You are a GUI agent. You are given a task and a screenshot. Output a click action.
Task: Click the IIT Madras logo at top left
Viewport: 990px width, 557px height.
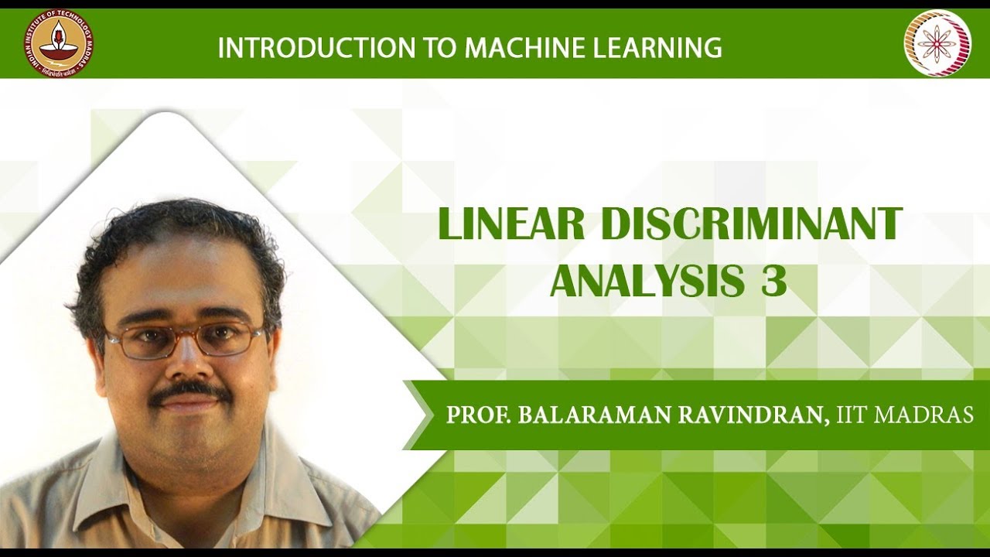pos(58,43)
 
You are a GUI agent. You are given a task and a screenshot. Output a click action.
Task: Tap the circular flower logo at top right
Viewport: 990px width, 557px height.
pos(937,43)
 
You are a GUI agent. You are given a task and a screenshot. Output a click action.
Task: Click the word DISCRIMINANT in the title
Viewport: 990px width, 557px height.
pos(752,224)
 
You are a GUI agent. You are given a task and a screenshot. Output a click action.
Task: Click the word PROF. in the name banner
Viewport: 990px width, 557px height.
pos(477,415)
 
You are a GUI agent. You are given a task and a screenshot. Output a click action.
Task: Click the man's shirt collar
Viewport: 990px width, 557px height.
pos(116,480)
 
